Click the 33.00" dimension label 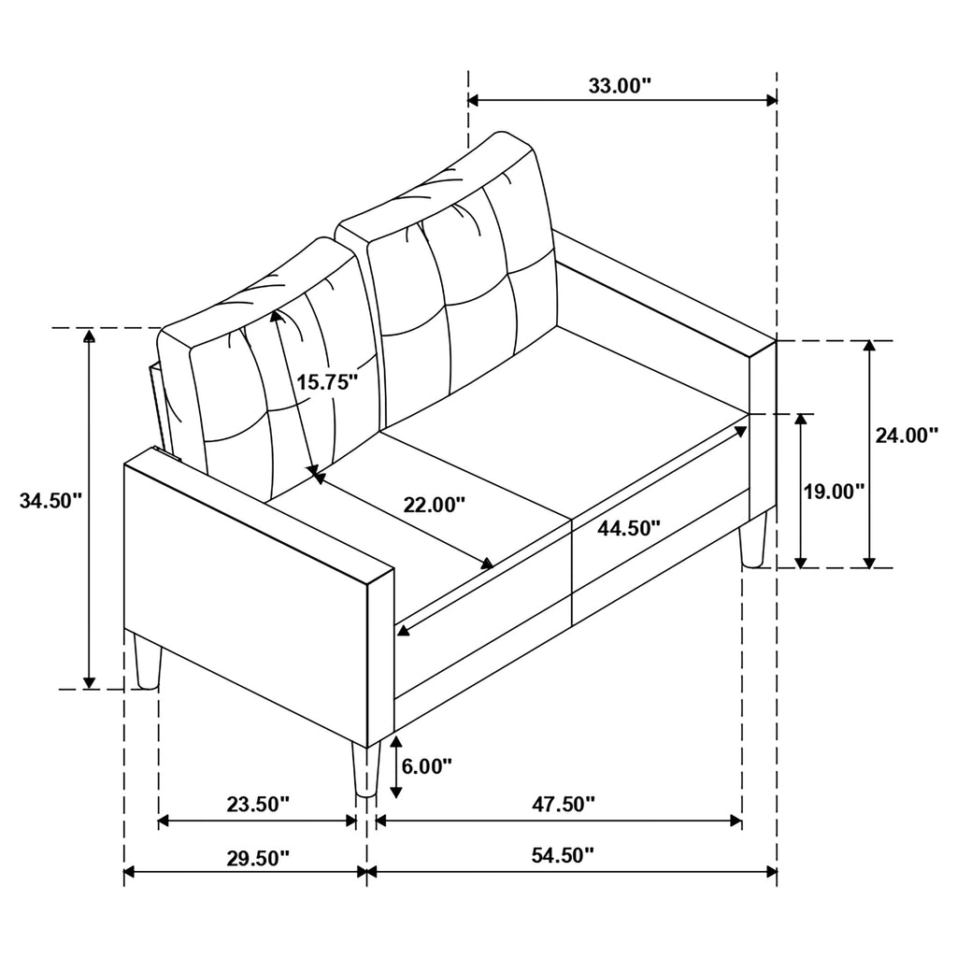pyautogui.click(x=621, y=86)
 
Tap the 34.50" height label pyautogui.click(x=50, y=501)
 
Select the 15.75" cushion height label pyautogui.click(x=327, y=382)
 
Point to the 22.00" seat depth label pyautogui.click(x=435, y=505)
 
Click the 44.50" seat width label pyautogui.click(x=629, y=529)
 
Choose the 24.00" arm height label pyautogui.click(x=907, y=436)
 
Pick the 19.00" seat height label pyautogui.click(x=834, y=492)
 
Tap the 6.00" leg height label pyautogui.click(x=427, y=766)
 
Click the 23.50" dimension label pyautogui.click(x=258, y=805)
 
